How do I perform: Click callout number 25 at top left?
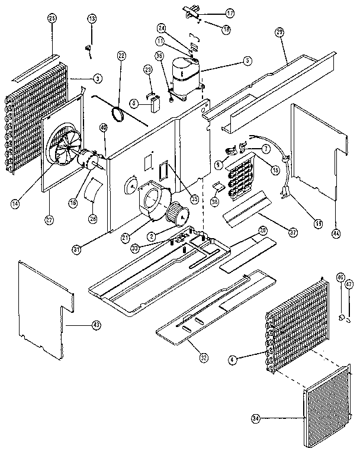(52, 18)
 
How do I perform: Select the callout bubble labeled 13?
(92, 20)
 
